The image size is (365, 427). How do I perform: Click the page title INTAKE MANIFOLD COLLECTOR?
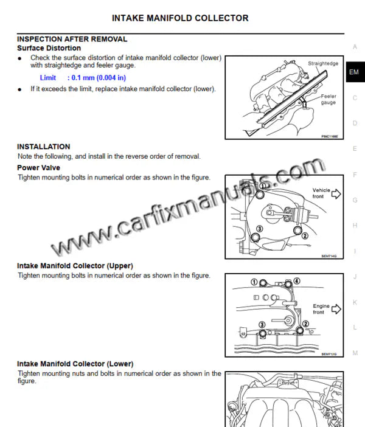pos(180,18)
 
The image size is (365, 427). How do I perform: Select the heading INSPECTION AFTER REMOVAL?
pos(72,39)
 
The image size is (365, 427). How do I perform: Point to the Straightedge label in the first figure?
pos(323,63)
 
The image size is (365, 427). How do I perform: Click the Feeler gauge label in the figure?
pos(328,100)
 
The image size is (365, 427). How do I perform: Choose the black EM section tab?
pos(355,72)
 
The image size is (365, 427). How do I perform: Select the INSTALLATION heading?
pos(43,147)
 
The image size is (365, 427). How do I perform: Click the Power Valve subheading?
pos(38,167)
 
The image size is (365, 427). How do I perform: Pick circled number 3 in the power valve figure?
pos(259,229)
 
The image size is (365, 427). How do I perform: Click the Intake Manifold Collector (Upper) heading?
pos(75,266)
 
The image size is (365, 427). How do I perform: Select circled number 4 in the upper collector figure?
pos(297,280)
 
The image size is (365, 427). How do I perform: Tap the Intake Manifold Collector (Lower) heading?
pos(75,364)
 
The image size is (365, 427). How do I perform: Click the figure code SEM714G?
pos(328,257)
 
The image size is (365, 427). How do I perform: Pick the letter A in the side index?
pos(355,47)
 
